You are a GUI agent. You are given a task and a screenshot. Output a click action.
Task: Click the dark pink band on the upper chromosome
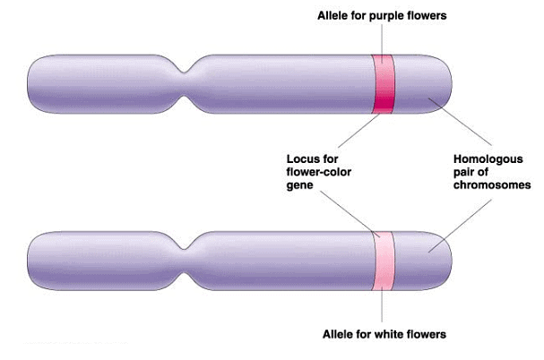click(x=384, y=83)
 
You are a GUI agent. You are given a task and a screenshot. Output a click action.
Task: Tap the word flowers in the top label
click(x=427, y=15)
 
